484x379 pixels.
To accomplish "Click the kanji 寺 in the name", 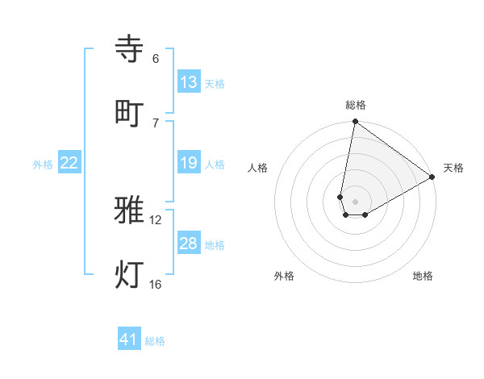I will coord(130,50).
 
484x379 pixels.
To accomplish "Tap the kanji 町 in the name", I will coord(130,112).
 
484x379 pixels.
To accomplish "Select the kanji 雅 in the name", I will coord(130,210).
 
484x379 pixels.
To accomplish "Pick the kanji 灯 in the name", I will coord(130,274).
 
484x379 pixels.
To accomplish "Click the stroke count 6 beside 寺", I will coord(156,59).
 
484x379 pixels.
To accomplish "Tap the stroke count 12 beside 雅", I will coord(156,220).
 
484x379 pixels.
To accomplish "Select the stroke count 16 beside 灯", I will coord(156,284).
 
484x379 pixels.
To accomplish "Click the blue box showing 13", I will coord(189,82).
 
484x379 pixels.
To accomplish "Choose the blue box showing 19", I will coord(189,163).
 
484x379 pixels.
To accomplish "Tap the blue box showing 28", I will coord(189,244).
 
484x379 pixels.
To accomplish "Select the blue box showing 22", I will coord(69,163).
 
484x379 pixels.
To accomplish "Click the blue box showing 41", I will coord(129,339).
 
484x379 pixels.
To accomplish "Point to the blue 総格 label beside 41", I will coord(155,341).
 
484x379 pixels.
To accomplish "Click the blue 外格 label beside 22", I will coord(43,165).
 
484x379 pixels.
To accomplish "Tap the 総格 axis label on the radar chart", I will coord(355,105).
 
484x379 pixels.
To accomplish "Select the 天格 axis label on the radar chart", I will coord(453,168).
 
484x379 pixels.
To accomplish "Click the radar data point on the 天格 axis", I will coord(432,177).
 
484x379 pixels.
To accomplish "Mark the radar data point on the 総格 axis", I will coord(355,123).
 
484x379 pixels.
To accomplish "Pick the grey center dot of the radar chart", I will coord(355,202).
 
